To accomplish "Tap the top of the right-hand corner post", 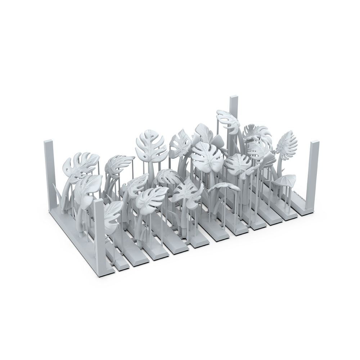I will (315, 143).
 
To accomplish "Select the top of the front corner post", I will (98, 201).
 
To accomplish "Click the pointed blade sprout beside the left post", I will (58, 193).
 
